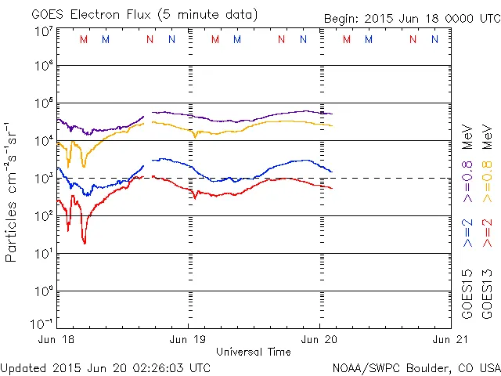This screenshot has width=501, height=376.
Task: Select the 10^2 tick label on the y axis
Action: pos(43,215)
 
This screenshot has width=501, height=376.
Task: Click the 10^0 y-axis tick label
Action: pos(43,291)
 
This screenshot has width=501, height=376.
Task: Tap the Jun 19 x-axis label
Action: pos(189,339)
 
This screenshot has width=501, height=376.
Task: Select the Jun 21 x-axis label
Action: pos(449,339)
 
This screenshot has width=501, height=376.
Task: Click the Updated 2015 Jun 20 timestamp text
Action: pos(106,367)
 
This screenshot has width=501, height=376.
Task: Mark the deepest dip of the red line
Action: pos(85,242)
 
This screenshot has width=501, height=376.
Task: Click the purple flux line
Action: pos(235,120)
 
